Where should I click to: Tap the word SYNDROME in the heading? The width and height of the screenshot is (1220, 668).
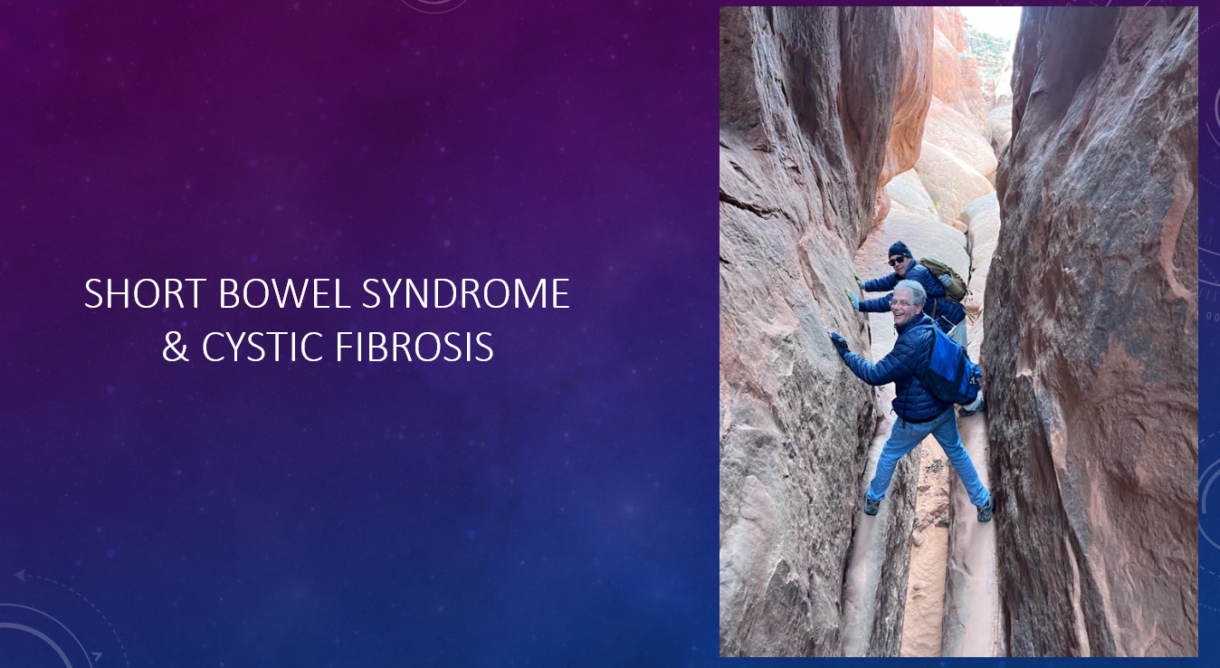(466, 293)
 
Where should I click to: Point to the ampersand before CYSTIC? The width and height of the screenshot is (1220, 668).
(176, 347)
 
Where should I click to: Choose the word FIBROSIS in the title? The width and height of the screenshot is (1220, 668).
(415, 347)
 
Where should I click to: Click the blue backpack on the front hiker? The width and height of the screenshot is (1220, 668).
(951, 365)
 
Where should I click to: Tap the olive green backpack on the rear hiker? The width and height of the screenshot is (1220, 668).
(945, 279)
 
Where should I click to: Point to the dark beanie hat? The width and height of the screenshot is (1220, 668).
(900, 250)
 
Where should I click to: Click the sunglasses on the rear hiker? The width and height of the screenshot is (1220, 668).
(897, 261)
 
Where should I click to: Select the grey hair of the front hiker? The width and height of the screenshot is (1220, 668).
(910, 290)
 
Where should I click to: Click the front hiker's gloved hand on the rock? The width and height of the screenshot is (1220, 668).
(838, 343)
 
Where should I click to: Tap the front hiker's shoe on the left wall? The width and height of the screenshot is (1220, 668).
(872, 505)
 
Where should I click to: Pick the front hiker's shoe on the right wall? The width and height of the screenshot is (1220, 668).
(985, 511)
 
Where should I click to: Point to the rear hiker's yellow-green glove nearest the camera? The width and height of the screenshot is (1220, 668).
(852, 298)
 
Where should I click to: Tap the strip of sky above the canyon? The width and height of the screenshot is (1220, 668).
(992, 23)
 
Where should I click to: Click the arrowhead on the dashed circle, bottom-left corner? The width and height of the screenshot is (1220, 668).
(20, 576)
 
